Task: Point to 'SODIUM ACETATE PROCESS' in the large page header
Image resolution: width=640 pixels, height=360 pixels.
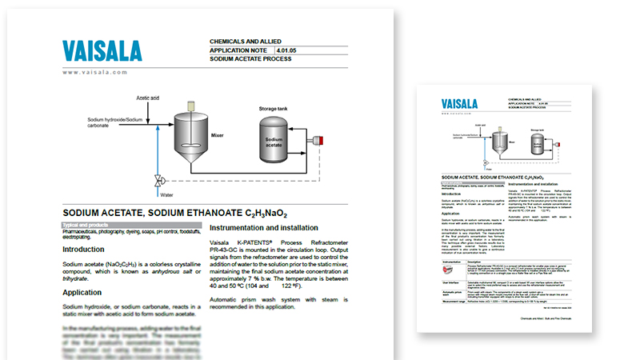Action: coord(255,60)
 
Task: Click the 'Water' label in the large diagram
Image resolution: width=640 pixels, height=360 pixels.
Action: coord(166,194)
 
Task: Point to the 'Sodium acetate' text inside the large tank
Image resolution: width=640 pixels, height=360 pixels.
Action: coord(274,142)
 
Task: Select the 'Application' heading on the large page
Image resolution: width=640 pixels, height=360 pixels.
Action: coord(86,293)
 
